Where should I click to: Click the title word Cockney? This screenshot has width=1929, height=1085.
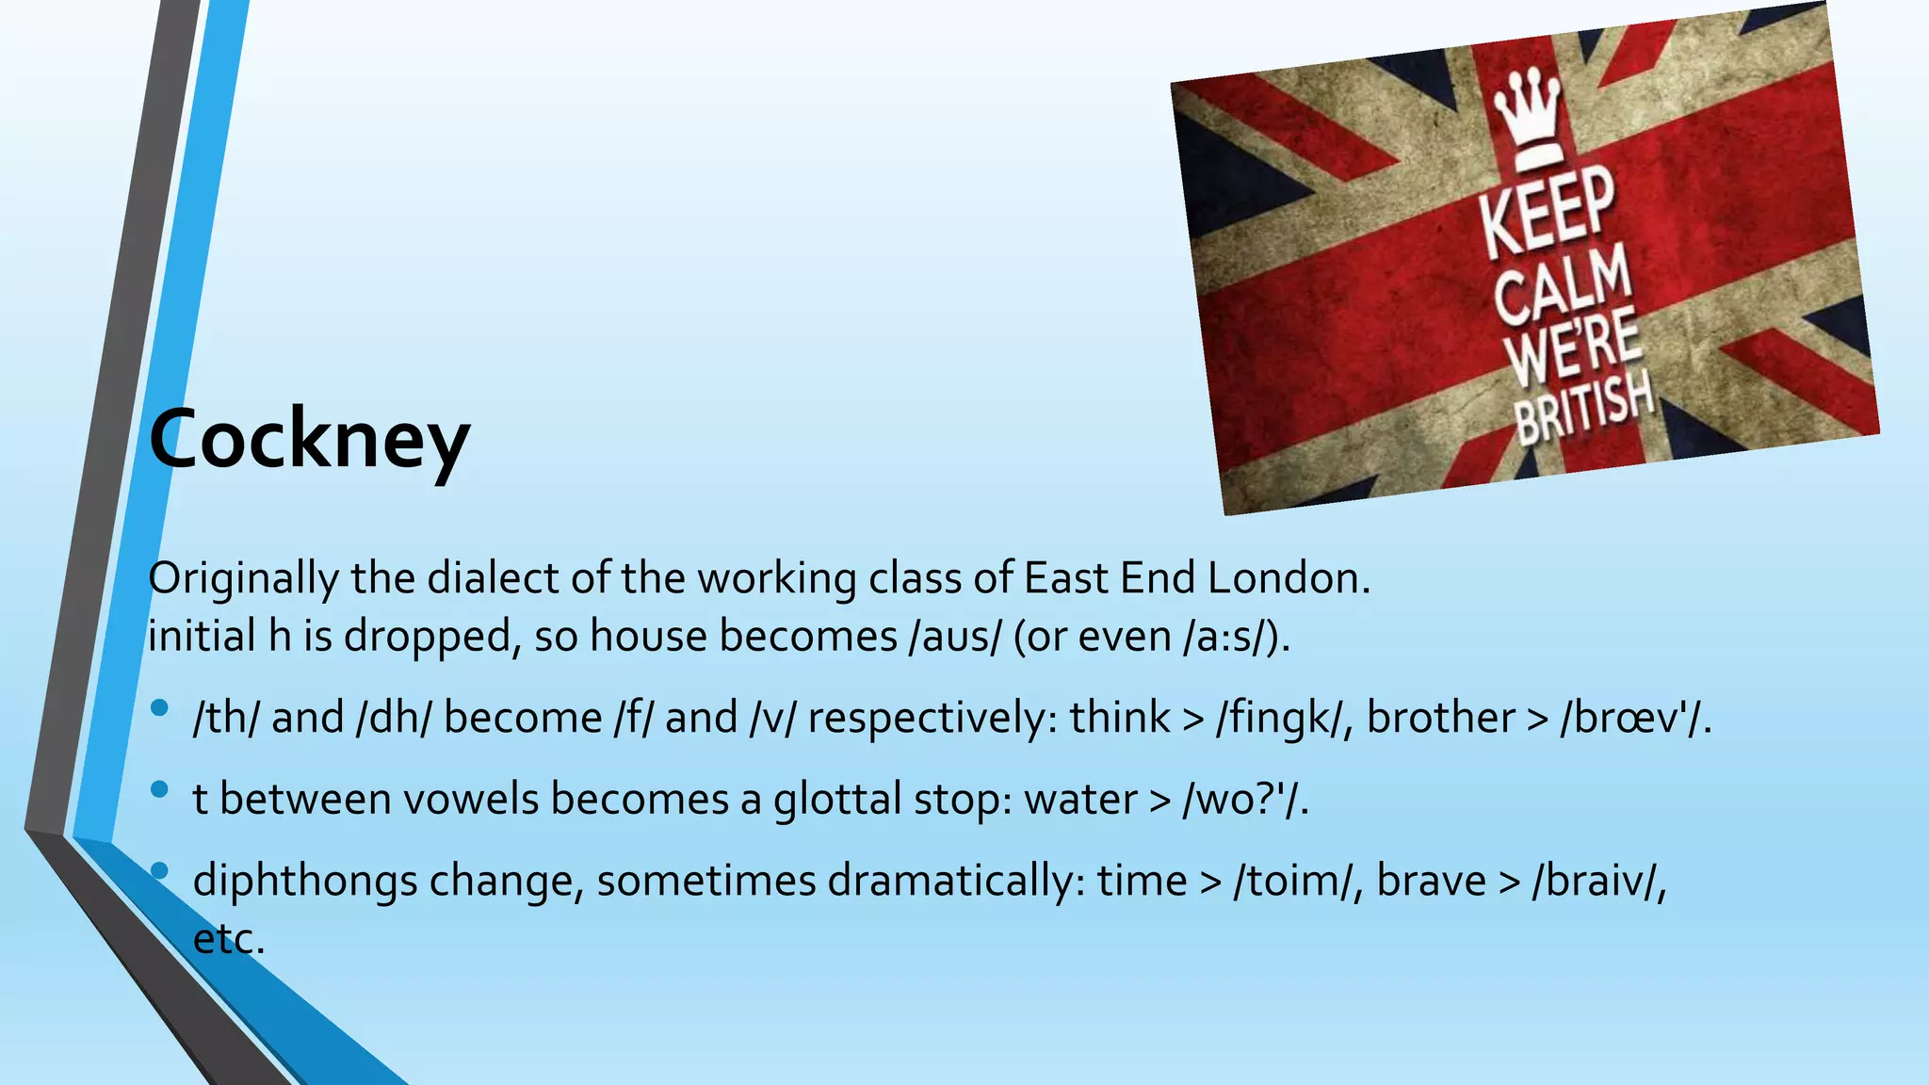[x=309, y=439]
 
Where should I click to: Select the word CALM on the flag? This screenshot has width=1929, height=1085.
[x=1563, y=285]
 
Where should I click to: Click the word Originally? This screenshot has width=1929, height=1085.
[x=243, y=578]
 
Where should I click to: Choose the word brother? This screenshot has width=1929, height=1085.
[x=1441, y=718]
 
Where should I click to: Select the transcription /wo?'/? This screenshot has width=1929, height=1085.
[x=1243, y=799]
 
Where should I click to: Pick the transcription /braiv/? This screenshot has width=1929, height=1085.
[x=1597, y=882]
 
